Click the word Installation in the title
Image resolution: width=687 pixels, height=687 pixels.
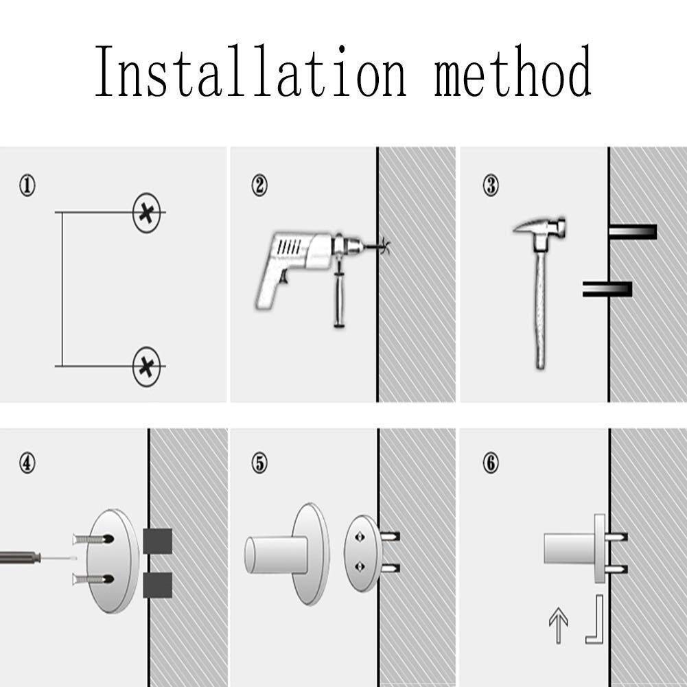pos(251,71)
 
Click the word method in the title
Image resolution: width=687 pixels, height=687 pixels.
pos(513,71)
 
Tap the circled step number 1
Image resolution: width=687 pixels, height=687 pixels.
pos(27,185)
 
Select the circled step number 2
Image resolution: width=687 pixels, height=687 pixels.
pos(259,185)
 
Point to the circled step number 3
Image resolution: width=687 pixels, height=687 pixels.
pos(491,185)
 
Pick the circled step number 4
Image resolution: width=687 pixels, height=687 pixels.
pos(27,463)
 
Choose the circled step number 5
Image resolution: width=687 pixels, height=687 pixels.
pos(259,463)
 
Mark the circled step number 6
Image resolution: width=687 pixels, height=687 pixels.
pos(491,463)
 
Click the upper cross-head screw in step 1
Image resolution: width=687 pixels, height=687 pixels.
pos(147,213)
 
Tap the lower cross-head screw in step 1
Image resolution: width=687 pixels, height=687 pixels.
pos(147,366)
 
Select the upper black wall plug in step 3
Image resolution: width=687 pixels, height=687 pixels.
pos(633,232)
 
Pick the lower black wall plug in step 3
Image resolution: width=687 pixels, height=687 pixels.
pos(607,289)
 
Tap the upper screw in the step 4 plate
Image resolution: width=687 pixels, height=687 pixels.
pos(93,539)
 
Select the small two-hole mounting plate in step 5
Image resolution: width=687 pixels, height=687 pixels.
pos(363,553)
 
